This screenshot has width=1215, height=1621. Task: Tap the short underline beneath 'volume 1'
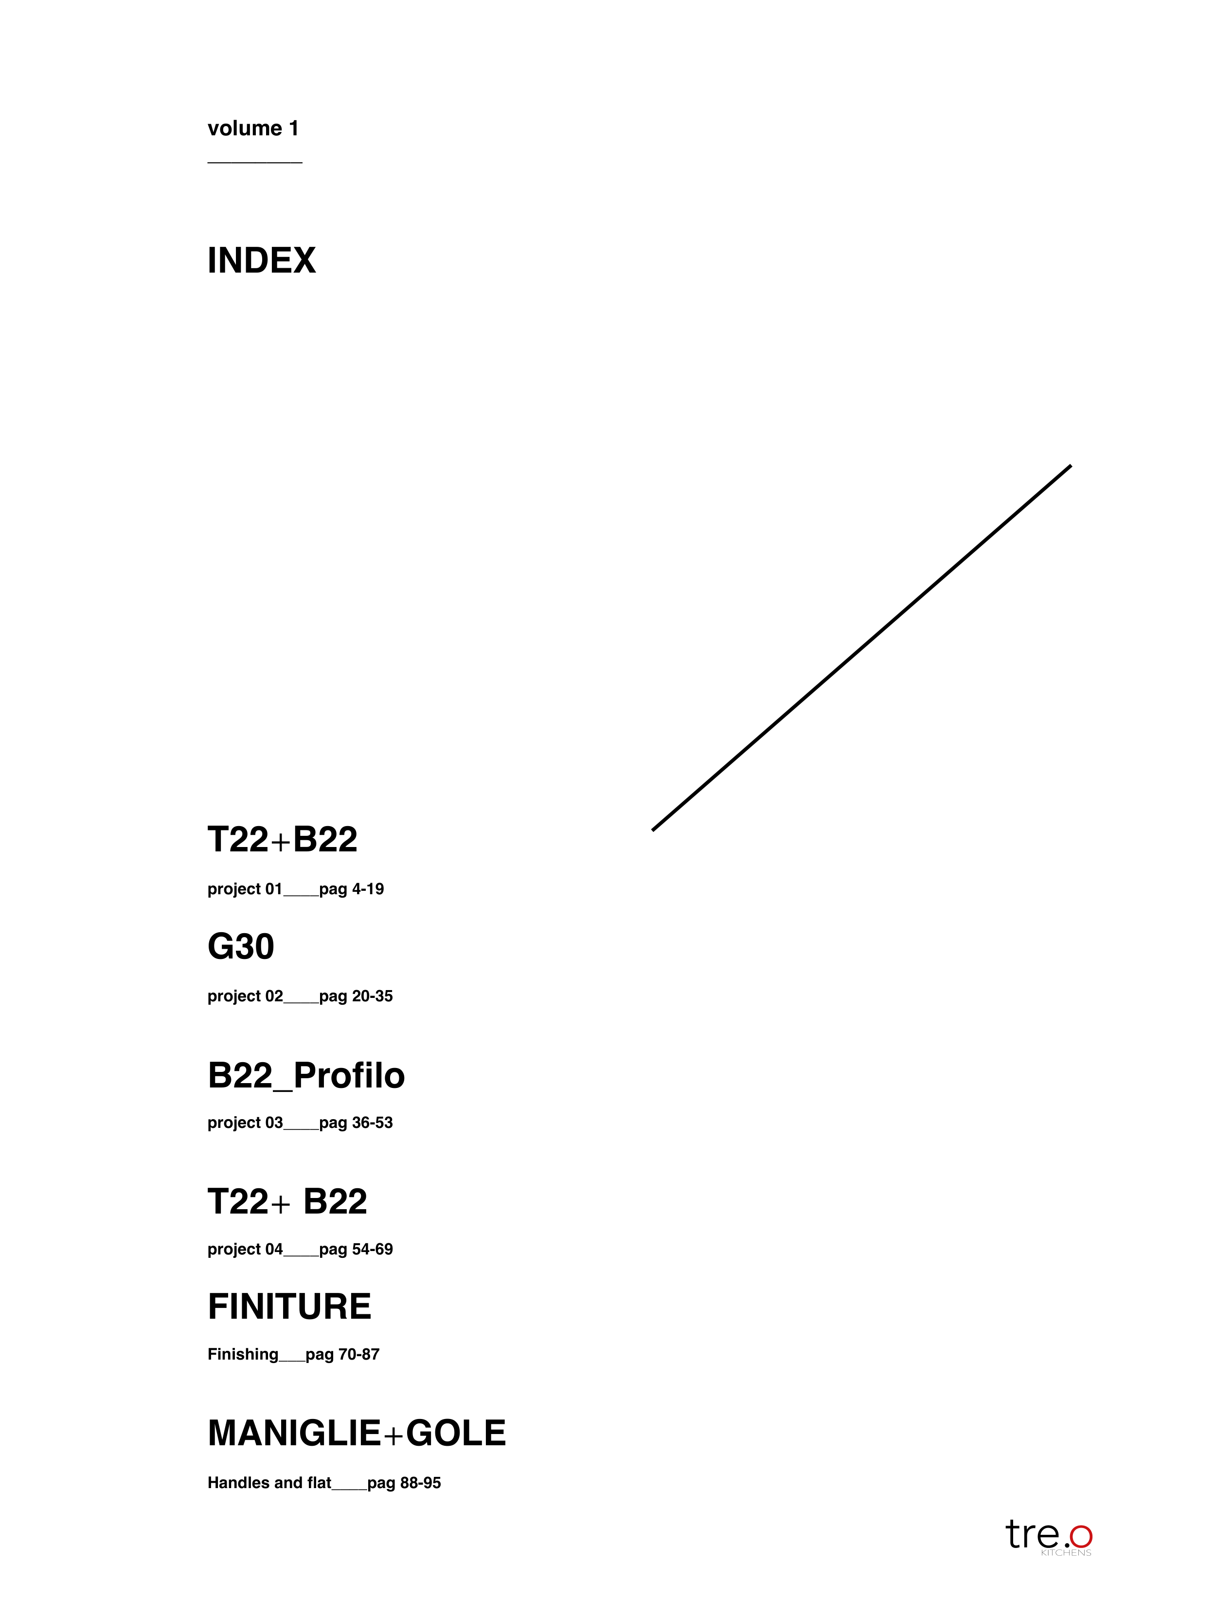pyautogui.click(x=255, y=162)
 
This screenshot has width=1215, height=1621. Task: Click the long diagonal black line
pyautogui.click(x=861, y=648)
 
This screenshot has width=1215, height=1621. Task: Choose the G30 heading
pyautogui.click(x=241, y=946)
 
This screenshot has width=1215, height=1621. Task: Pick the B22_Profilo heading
pyautogui.click(x=306, y=1076)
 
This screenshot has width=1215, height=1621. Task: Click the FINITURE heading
pyautogui.click(x=289, y=1307)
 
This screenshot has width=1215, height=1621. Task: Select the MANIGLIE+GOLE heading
pyautogui.click(x=357, y=1434)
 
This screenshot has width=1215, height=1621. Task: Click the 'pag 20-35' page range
pyautogui.click(x=356, y=996)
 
